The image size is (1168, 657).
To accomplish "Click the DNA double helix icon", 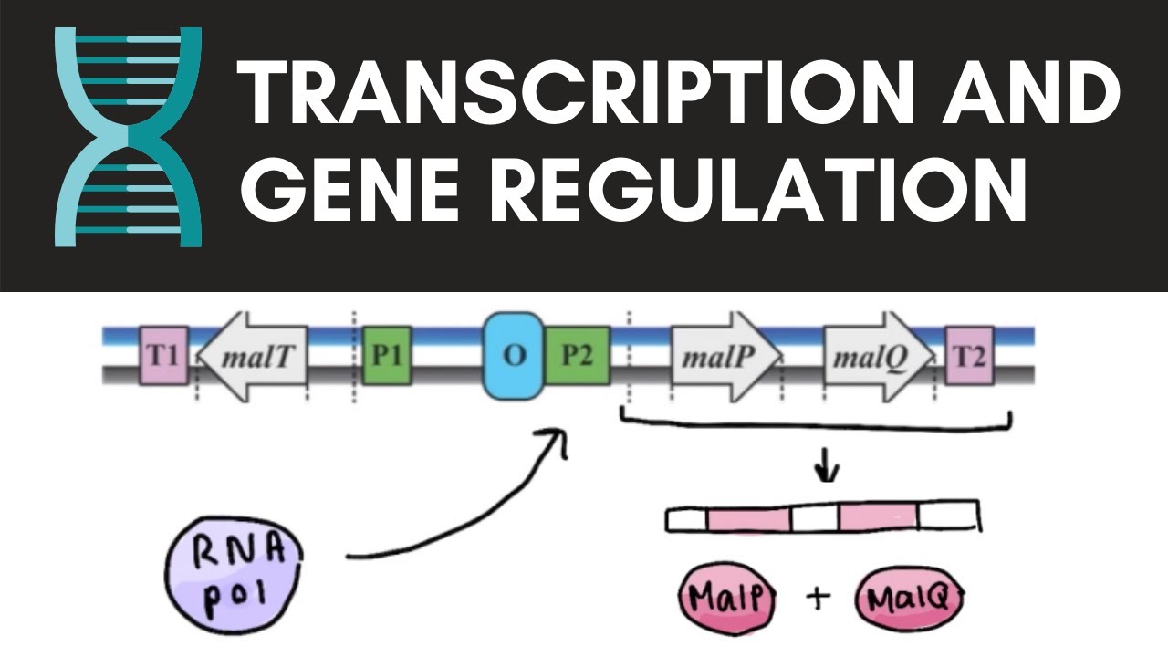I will [x=128, y=137].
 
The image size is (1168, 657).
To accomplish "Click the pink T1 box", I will [x=162, y=355].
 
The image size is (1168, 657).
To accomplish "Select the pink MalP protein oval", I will [x=726, y=600].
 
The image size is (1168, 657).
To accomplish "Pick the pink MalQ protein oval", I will [x=910, y=600].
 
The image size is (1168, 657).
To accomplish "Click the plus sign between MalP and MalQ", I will [x=819, y=599].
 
